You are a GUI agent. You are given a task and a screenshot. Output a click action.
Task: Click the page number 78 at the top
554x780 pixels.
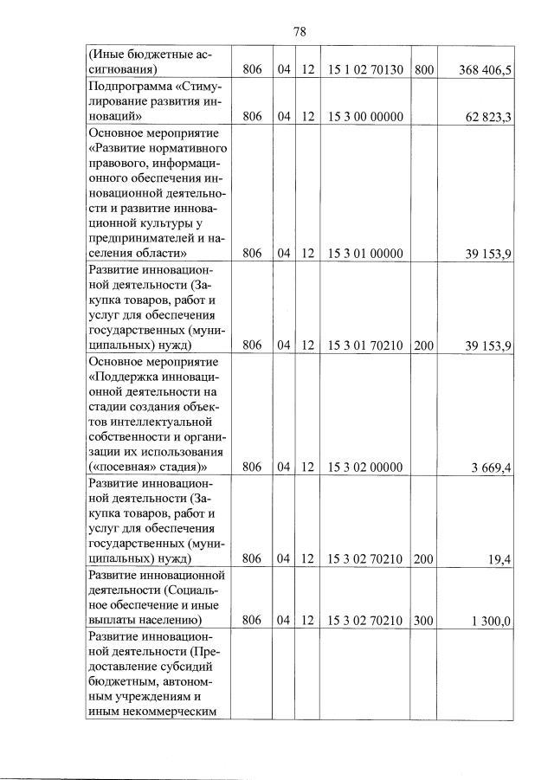click(300, 31)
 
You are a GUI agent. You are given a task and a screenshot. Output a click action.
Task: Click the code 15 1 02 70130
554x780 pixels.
click(366, 69)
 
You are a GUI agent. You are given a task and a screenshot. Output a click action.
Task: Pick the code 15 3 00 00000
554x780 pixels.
click(366, 116)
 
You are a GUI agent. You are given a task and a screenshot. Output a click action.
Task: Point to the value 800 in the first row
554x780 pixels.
click(423, 69)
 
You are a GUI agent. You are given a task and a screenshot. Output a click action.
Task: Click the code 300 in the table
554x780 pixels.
click(423, 621)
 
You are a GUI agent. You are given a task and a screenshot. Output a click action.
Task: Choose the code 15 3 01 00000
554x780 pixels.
click(366, 254)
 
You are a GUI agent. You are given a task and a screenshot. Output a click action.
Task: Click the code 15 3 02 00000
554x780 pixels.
click(366, 467)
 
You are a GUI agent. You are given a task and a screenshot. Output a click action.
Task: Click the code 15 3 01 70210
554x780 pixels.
click(366, 345)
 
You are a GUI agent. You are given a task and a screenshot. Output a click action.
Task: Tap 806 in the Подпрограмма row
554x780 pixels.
click(252, 116)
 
